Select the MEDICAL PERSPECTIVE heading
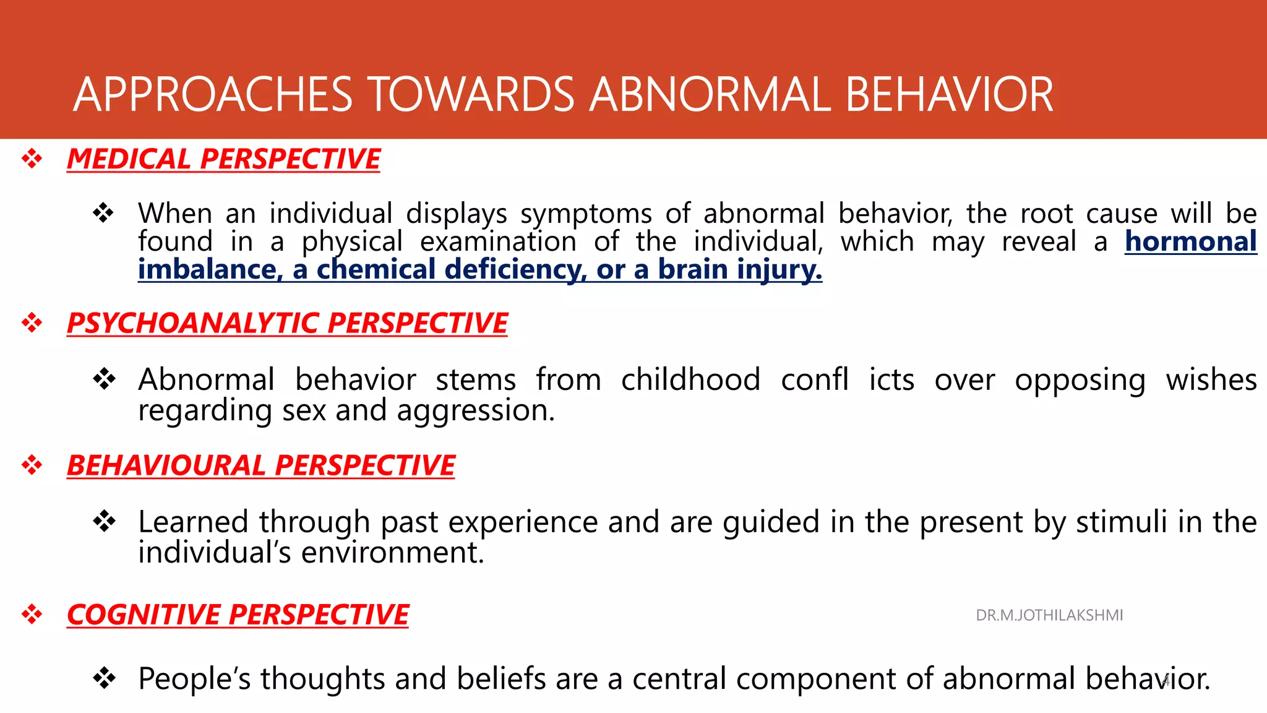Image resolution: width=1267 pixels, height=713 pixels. [223, 159]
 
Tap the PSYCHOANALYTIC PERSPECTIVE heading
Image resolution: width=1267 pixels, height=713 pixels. [287, 323]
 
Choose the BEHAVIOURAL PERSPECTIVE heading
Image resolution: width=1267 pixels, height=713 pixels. [260, 465]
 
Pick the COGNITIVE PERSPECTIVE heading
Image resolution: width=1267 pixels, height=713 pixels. [238, 615]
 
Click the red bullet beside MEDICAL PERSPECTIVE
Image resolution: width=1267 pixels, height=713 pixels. [32, 159]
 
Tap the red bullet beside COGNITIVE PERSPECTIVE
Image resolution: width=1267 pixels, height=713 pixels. [32, 615]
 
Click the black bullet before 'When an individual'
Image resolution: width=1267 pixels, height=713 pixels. [103, 213]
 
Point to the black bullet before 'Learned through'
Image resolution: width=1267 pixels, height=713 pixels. [103, 521]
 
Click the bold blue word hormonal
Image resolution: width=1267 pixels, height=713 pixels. [1190, 241]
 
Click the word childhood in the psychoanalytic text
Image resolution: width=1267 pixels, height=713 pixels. [690, 379]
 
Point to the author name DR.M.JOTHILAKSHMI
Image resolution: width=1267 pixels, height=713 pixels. [1049, 615]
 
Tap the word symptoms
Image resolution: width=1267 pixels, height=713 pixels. [586, 214]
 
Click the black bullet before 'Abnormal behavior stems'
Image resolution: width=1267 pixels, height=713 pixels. [103, 379]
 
